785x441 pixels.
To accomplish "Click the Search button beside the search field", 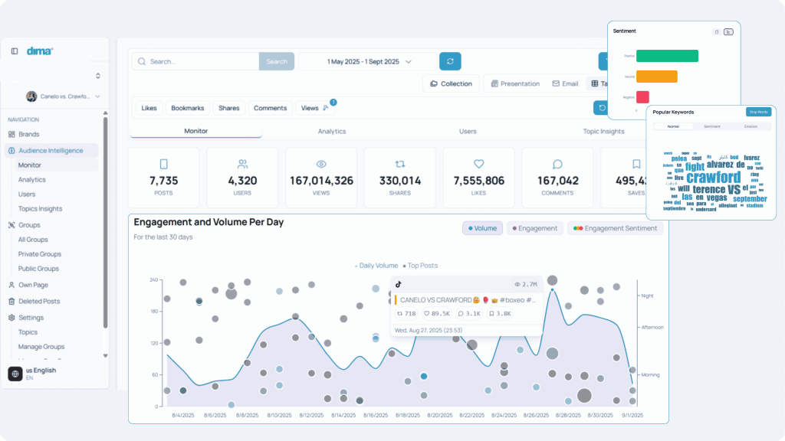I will [x=276, y=61].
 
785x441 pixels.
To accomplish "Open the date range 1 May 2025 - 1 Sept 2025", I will [x=367, y=61].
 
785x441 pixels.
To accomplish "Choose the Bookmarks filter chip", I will [x=187, y=108].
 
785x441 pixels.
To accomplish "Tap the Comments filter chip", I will [x=270, y=108].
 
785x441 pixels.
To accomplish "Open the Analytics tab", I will [x=332, y=132].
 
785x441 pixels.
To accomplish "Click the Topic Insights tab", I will [x=603, y=132].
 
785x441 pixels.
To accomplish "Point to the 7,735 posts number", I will [x=163, y=181].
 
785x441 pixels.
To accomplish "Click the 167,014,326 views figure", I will [x=322, y=181].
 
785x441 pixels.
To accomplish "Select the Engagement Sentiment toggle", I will [x=616, y=228].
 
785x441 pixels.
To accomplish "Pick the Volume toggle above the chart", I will [x=482, y=228].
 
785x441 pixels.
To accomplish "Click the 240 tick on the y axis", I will [x=153, y=279].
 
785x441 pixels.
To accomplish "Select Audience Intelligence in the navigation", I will [x=51, y=151].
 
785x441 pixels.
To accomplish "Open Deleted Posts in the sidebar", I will [x=39, y=302].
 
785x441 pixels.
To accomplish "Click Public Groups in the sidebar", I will [x=39, y=269].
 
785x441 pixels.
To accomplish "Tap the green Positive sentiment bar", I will [x=667, y=56].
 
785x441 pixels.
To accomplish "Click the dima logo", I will [x=40, y=51].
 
